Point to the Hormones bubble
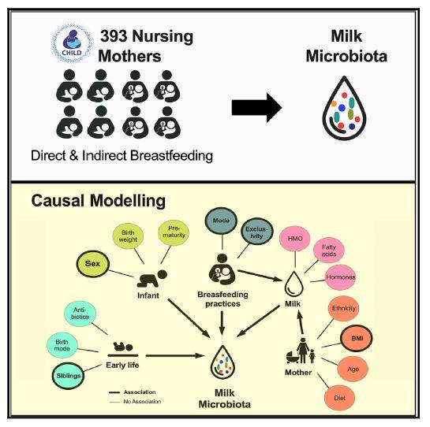pos(344,280)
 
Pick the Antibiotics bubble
pos(80,314)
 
